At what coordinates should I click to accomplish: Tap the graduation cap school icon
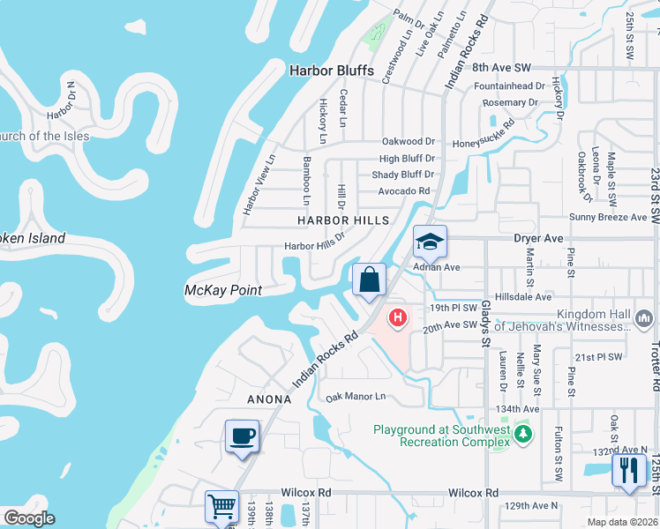coord(430,242)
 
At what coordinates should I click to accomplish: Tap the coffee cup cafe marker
coord(242,436)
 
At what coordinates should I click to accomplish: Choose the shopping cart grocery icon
coord(221,507)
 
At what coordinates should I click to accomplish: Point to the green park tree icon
coord(523,434)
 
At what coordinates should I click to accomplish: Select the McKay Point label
coord(222,290)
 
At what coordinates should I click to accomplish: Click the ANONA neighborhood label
coord(269,399)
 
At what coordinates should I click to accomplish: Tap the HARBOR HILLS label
coord(342,220)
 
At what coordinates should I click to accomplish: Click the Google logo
coord(28,518)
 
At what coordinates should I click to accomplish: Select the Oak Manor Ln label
coord(356,397)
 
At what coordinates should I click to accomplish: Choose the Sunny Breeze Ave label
coord(607,217)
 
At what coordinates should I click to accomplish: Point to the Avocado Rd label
coord(403,190)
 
